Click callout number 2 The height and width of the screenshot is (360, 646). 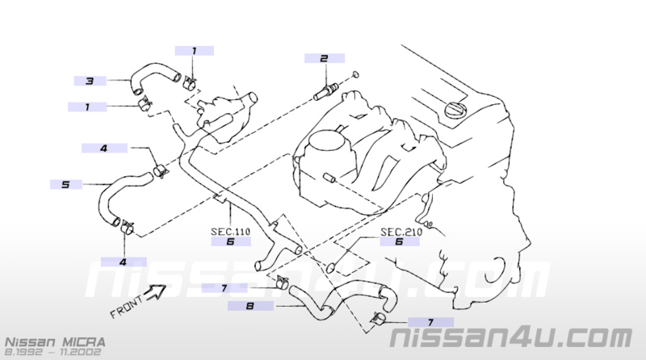click(325, 58)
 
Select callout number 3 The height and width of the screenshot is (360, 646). click(90, 82)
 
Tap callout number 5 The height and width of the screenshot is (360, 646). click(65, 185)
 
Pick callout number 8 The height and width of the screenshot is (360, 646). click(250, 306)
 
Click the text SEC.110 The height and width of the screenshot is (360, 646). click(231, 232)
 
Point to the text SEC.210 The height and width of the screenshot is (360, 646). click(401, 232)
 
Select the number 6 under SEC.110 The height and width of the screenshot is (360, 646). click(231, 242)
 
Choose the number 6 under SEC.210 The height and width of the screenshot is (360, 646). click(399, 241)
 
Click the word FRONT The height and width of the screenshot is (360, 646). click(127, 307)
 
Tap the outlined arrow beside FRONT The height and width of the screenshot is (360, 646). click(155, 291)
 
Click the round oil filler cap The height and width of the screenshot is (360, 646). click(455, 110)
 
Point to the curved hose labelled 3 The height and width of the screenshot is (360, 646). click(153, 74)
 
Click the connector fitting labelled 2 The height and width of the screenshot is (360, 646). click(326, 92)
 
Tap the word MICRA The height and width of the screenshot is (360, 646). click(84, 342)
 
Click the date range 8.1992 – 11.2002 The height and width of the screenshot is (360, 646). click(52, 352)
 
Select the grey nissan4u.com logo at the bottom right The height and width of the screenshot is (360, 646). click(511, 337)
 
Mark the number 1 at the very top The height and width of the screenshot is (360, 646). click(195, 51)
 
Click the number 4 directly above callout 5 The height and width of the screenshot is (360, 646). click(104, 149)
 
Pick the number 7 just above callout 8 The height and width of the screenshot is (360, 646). click(224, 288)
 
